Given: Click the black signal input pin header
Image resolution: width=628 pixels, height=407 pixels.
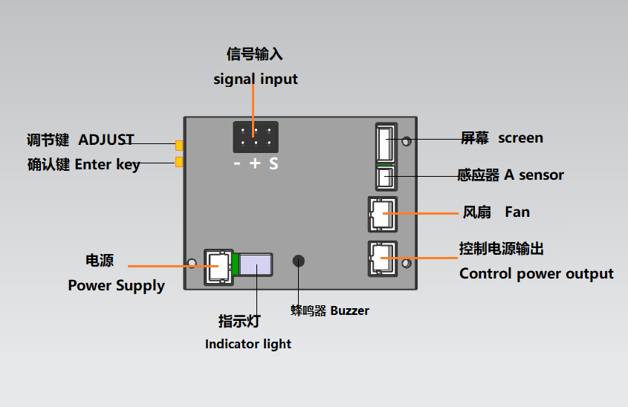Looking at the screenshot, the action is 256,137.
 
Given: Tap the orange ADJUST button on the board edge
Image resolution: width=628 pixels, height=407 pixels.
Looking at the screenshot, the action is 179,146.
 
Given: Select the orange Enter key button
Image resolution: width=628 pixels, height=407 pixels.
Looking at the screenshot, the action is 179,162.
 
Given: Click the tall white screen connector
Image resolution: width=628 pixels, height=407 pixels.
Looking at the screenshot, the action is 386,143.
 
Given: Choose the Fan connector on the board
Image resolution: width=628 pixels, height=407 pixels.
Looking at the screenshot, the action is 383,214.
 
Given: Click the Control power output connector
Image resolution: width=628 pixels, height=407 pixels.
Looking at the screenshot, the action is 383,258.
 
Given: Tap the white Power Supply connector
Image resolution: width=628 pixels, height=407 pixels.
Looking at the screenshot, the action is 218,267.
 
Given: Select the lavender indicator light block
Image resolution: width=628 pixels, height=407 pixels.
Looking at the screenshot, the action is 256,264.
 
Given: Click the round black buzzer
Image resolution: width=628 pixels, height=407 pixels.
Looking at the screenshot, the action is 298,261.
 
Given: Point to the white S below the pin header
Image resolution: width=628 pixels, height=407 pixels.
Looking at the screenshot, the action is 273,163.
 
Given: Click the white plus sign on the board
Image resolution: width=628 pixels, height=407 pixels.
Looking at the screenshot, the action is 255,163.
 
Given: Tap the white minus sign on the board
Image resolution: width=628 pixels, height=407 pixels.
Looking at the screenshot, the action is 237,163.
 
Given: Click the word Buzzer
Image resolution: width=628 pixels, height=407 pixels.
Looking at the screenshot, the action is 349,311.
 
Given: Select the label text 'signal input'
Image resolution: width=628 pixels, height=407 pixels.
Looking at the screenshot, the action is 256,79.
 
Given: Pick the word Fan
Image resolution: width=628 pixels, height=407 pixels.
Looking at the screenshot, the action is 517,212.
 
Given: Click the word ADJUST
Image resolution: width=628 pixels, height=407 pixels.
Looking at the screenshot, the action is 106,140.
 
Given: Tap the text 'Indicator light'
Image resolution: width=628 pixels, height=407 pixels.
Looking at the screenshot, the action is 248,344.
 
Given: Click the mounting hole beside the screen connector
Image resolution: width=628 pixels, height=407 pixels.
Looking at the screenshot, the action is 407,141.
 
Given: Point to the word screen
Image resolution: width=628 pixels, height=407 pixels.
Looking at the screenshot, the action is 521,138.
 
